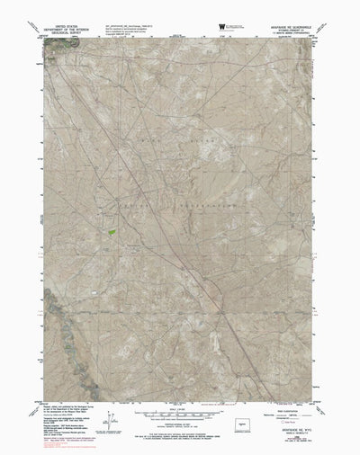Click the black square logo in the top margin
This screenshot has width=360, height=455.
(x=217, y=29)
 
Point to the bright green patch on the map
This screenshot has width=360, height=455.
(x=112, y=232)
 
